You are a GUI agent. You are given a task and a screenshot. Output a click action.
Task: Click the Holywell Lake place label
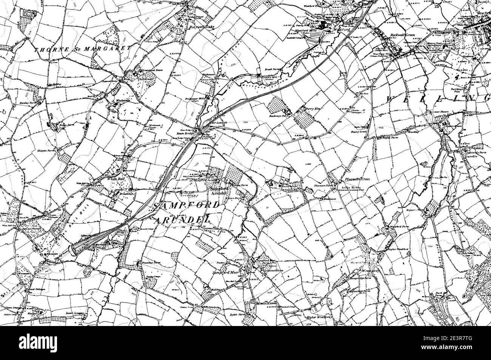[x=199, y=27]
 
